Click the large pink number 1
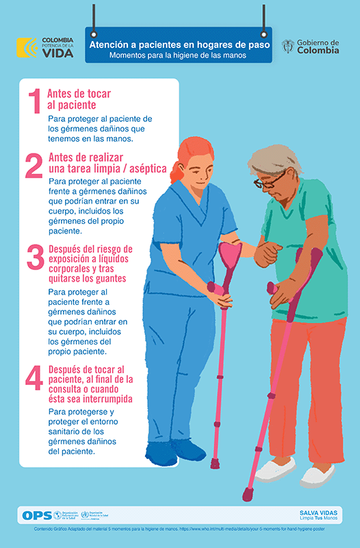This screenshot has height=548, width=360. pos(34,100)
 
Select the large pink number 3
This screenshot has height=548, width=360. pos(35,258)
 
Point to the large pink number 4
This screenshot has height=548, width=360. pos(34,378)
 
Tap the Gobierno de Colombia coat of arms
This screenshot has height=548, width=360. pos(288,46)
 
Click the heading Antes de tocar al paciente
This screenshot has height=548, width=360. pos(79,99)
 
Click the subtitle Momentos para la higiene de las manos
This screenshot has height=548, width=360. pos(179,55)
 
